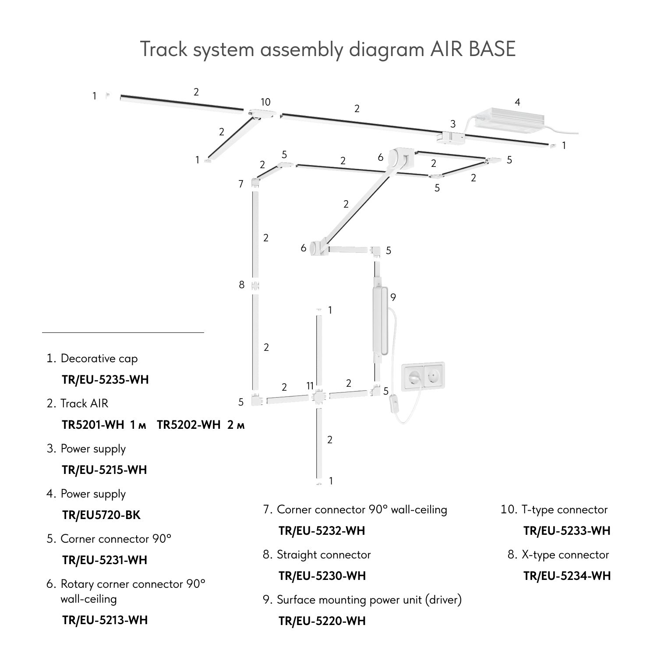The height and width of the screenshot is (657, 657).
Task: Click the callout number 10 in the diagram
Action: click(x=265, y=102)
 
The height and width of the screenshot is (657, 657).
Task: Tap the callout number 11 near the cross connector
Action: click(x=310, y=386)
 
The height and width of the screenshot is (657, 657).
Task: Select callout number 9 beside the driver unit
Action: click(x=393, y=297)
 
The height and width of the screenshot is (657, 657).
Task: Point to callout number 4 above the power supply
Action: click(x=517, y=102)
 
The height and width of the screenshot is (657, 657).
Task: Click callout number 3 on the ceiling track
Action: click(x=453, y=124)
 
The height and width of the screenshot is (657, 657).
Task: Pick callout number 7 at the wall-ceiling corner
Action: click(x=241, y=184)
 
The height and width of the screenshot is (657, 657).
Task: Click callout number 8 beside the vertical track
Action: click(x=241, y=285)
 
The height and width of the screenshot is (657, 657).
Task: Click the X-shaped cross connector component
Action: click(x=318, y=397)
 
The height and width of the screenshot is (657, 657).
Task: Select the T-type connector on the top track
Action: click(x=261, y=114)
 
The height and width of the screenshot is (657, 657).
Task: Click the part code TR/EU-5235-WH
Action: click(x=105, y=380)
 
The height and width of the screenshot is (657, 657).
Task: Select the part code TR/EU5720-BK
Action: click(x=101, y=515)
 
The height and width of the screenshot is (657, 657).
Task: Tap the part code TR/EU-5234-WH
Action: click(x=567, y=576)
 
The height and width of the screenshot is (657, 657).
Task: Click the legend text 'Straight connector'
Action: click(x=324, y=555)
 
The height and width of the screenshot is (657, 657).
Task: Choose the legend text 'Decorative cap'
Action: click(x=99, y=358)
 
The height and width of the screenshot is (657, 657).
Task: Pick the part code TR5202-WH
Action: click(x=189, y=425)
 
